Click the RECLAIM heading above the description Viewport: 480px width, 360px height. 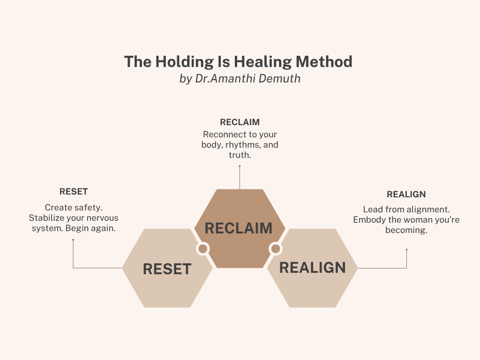click(x=240, y=122)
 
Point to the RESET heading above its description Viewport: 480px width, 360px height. click(x=74, y=192)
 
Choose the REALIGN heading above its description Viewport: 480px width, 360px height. click(x=406, y=194)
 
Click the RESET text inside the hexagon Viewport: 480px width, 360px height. click(x=167, y=269)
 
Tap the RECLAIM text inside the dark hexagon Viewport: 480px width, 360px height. click(x=239, y=228)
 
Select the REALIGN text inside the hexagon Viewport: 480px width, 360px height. click(x=312, y=268)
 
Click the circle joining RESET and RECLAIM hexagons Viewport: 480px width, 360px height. click(x=203, y=248)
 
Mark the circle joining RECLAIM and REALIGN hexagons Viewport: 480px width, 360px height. click(x=276, y=248)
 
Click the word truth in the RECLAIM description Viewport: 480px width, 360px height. click(x=240, y=155)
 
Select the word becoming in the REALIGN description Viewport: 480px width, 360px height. click(x=406, y=230)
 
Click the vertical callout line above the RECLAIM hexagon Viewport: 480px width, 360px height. click(x=240, y=177)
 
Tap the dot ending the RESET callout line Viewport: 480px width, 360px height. click(x=73, y=240)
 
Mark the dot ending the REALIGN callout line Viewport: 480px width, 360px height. click(x=406, y=250)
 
